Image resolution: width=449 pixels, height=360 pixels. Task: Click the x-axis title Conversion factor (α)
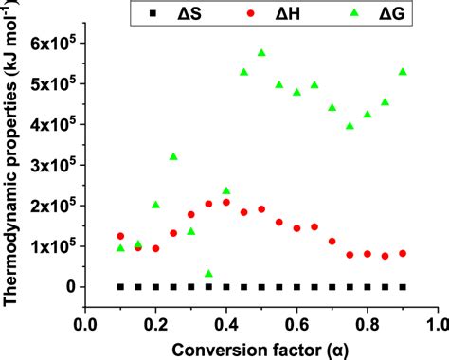[261, 348]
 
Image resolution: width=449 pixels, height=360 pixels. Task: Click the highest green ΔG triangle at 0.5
[261, 53]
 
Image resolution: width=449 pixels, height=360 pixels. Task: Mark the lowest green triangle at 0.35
[208, 274]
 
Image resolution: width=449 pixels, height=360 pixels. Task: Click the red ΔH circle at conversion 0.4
[226, 202]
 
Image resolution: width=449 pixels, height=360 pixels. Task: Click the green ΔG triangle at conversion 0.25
[173, 157]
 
